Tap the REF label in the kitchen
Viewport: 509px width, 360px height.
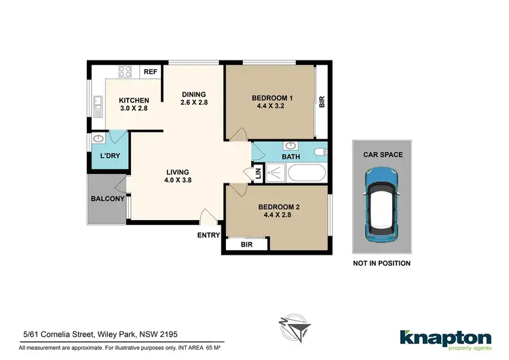tap(150, 71)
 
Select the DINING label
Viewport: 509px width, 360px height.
tap(193, 94)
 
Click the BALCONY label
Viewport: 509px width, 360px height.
tap(107, 199)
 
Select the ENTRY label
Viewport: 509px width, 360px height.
tap(208, 236)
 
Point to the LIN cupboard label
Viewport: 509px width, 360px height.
tap(258, 173)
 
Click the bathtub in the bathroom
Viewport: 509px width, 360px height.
tap(307, 173)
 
